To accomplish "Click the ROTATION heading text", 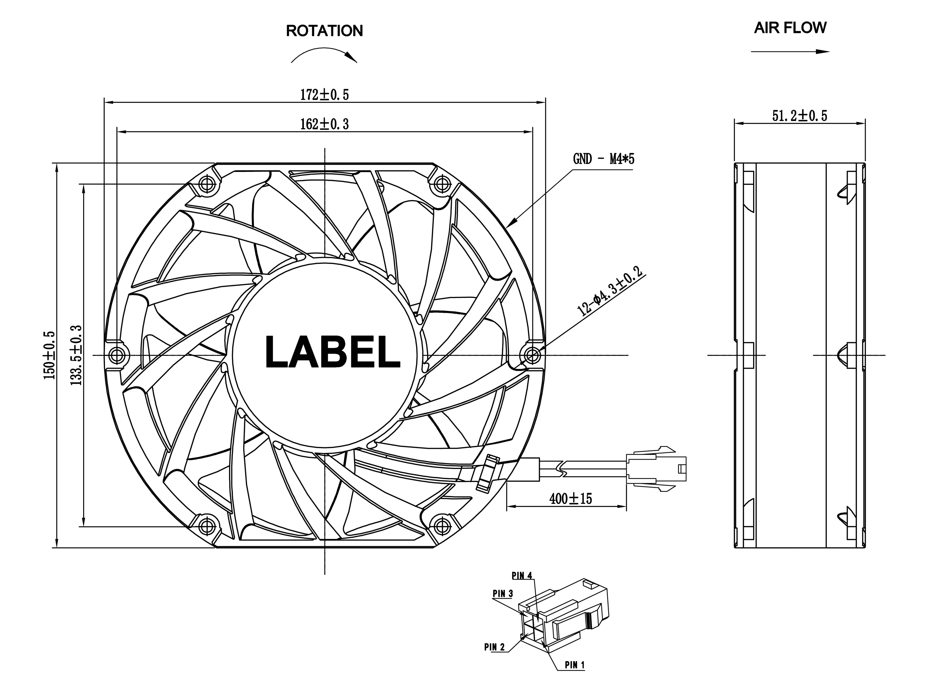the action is pyautogui.click(x=324, y=31).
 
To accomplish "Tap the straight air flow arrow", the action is pyautogui.click(x=790, y=52).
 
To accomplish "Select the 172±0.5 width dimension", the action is pyautogui.click(x=324, y=95).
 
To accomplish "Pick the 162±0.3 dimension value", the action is pyautogui.click(x=324, y=124).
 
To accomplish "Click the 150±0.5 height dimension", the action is pyautogui.click(x=49, y=355).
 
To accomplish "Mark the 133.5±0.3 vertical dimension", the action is pyautogui.click(x=77, y=355).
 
